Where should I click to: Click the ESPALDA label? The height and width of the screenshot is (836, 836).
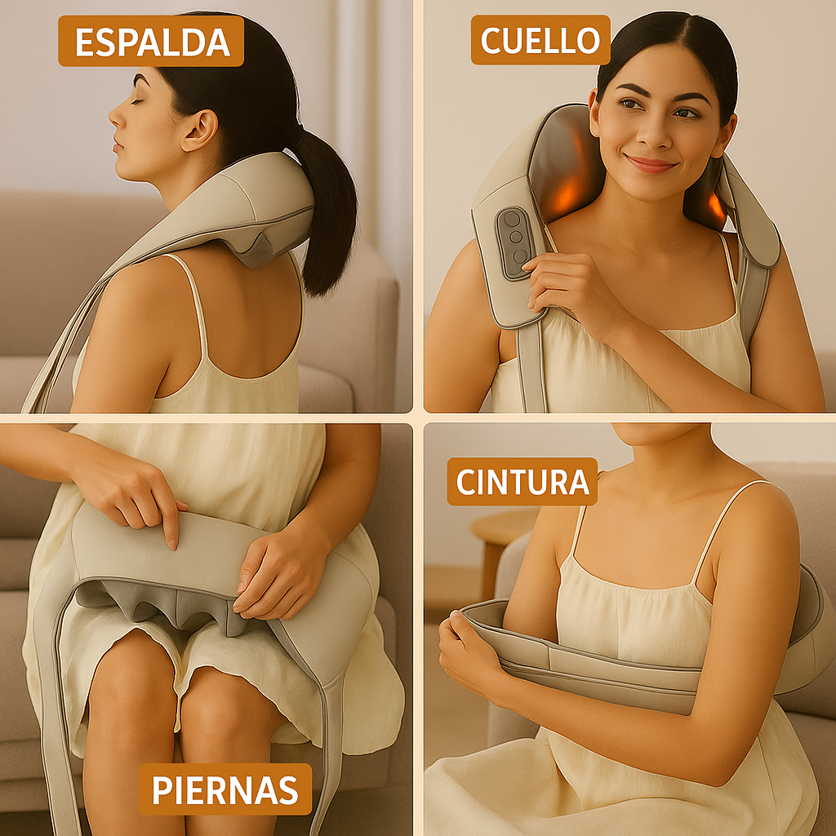(150, 41)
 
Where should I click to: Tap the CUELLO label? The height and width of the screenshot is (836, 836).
(540, 39)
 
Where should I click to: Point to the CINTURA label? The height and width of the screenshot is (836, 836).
(522, 481)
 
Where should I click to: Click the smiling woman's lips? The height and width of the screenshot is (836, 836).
(651, 163)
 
